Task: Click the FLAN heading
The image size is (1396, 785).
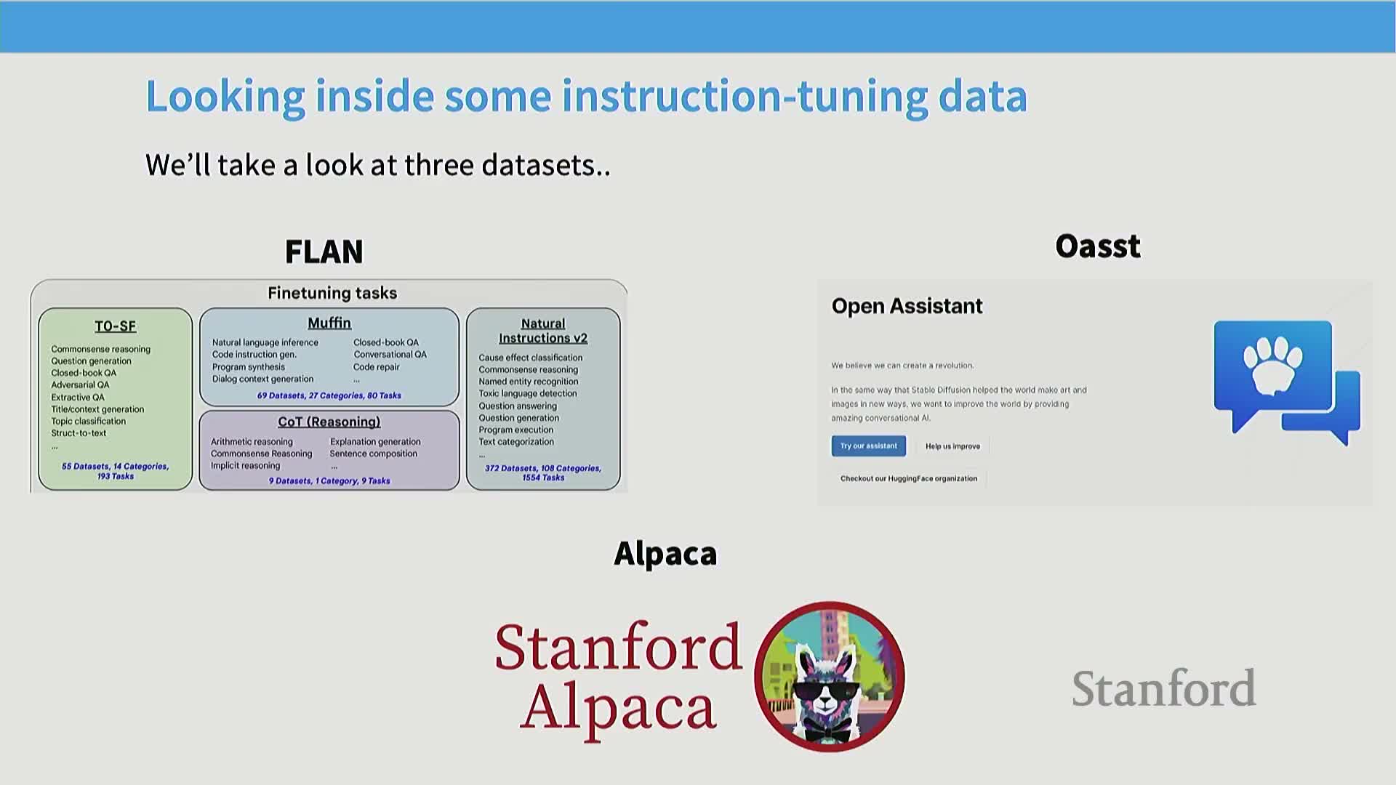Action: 324,251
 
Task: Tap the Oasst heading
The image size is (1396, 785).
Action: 1098,246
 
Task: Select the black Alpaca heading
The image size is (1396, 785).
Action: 665,554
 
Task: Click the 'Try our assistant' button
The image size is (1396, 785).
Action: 869,446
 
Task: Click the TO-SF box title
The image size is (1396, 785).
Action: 115,326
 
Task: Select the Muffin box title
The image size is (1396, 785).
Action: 329,323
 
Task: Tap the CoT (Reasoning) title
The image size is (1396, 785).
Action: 329,422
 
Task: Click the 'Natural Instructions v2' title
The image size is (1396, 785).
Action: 543,331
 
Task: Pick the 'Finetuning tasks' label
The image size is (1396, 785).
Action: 332,293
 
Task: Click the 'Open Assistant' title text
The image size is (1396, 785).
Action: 907,306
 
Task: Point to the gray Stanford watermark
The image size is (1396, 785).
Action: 1163,689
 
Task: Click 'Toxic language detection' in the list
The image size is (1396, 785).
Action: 528,393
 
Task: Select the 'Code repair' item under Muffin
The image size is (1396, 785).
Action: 377,367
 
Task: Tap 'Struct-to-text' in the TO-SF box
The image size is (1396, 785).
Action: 79,433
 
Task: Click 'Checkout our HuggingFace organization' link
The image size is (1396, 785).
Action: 909,478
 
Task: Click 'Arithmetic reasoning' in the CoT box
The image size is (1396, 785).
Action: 252,442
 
